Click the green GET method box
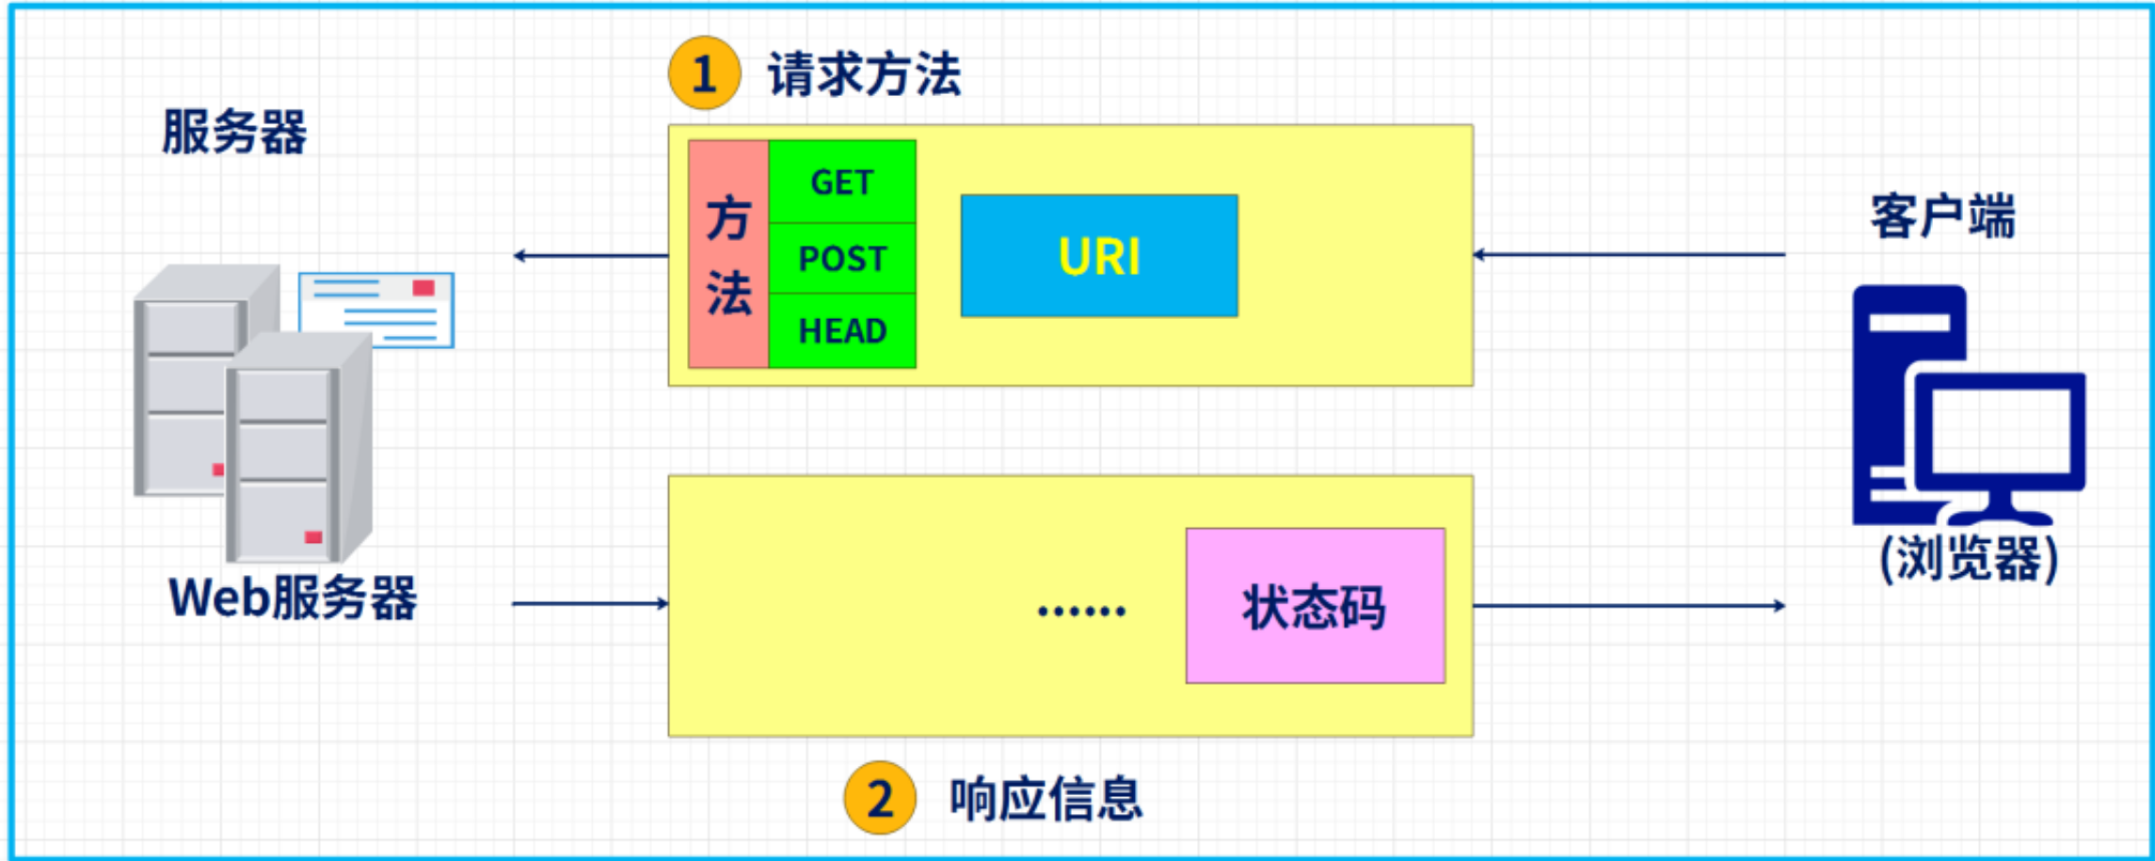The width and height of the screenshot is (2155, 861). click(x=842, y=182)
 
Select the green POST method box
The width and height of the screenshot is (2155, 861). click(x=842, y=258)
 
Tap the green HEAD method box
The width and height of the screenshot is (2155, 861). click(x=842, y=330)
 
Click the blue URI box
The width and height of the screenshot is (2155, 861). click(x=1099, y=255)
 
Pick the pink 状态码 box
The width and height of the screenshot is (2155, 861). click(x=1316, y=605)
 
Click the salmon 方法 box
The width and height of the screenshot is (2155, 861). click(x=728, y=254)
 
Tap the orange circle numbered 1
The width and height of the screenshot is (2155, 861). click(x=705, y=72)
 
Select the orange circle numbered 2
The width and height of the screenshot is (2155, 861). click(x=880, y=798)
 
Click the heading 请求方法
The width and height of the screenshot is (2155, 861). click(x=864, y=74)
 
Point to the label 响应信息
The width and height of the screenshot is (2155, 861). click(x=1046, y=799)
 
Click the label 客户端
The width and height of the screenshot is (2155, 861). click(x=1942, y=216)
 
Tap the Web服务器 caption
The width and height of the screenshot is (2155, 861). click(x=293, y=598)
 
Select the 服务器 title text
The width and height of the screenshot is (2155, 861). click(x=234, y=131)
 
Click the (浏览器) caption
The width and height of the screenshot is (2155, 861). click(x=1969, y=559)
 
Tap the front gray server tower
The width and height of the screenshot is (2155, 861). click(x=299, y=448)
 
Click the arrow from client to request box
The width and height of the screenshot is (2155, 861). click(x=1629, y=254)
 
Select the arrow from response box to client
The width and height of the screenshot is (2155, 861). click(x=1629, y=605)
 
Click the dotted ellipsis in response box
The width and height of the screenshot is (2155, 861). click(x=1081, y=612)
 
